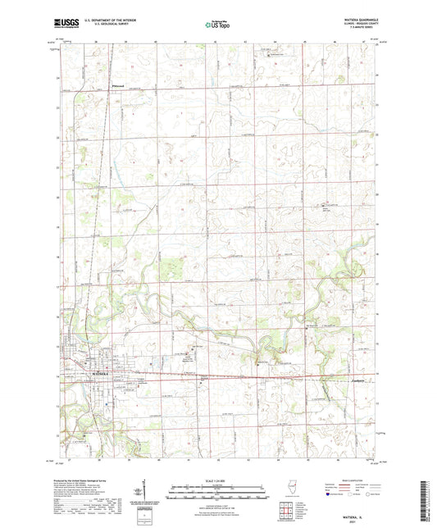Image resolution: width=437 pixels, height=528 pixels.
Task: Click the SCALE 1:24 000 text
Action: coord(218,480)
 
